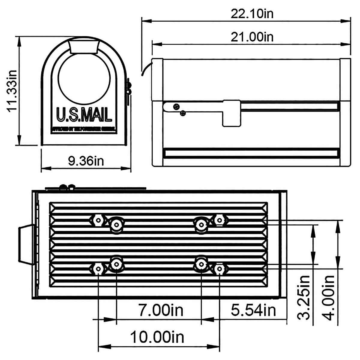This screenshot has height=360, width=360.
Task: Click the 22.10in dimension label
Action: point(252,14)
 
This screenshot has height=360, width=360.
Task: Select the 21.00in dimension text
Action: point(252,37)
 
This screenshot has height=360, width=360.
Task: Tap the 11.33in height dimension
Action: point(12,91)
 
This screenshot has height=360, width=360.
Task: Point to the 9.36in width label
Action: point(86,161)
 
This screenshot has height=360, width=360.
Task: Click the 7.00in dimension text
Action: point(161,310)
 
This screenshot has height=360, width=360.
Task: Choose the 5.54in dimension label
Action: point(253,310)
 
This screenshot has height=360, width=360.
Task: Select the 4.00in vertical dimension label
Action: point(329,298)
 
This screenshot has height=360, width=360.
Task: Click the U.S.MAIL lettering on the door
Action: point(84,115)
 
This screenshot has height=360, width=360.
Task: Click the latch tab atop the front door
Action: point(84,46)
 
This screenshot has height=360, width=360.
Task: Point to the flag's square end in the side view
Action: point(231,113)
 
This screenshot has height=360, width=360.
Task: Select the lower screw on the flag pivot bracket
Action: point(183,113)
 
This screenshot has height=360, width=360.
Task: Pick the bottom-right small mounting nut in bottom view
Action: point(220,269)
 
